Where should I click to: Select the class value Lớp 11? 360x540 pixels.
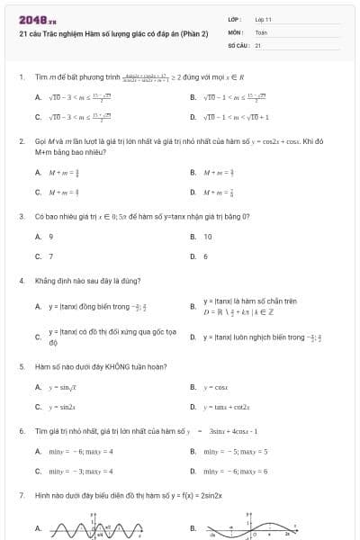point(263,19)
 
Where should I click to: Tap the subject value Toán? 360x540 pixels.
point(261,31)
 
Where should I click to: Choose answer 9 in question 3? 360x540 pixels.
point(51,237)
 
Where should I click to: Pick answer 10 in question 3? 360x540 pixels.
point(208,237)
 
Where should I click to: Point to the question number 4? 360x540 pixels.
point(21,281)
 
